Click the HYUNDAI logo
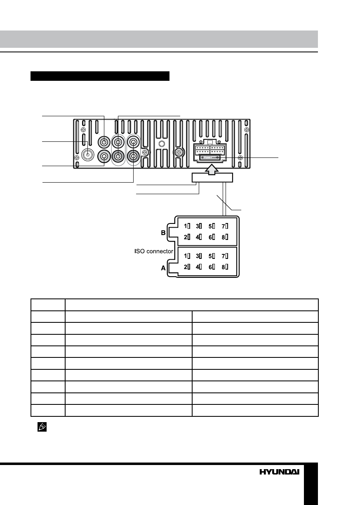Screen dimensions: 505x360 [279, 472]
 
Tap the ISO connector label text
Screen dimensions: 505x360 [154, 250]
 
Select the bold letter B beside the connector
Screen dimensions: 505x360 [163, 233]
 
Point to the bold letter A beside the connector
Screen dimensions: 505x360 [163, 268]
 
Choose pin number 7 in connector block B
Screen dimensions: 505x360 [223, 226]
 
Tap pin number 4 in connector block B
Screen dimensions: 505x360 [198, 237]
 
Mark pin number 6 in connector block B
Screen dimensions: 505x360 [211, 237]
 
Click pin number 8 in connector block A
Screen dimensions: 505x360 [223, 267]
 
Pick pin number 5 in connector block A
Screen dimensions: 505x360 [211, 256]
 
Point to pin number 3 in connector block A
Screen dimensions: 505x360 [198, 256]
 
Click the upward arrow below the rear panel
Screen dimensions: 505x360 [212, 169]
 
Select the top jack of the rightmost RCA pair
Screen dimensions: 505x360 [134, 142]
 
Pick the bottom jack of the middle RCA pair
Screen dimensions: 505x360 [118, 156]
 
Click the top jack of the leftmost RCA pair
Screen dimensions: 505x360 [104, 142]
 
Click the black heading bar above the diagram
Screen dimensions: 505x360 [100, 76]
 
